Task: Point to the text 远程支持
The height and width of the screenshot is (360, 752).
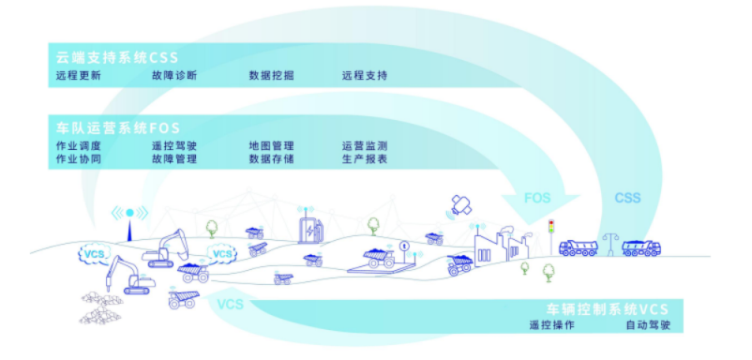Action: pyautogui.click(x=364, y=76)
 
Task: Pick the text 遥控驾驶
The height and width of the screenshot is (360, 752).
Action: pyautogui.click(x=173, y=146)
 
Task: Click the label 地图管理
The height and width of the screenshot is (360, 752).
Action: pyautogui.click(x=271, y=146)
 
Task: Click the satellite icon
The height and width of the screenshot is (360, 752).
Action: pyautogui.click(x=461, y=205)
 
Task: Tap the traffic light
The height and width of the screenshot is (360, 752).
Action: pyautogui.click(x=551, y=231)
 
